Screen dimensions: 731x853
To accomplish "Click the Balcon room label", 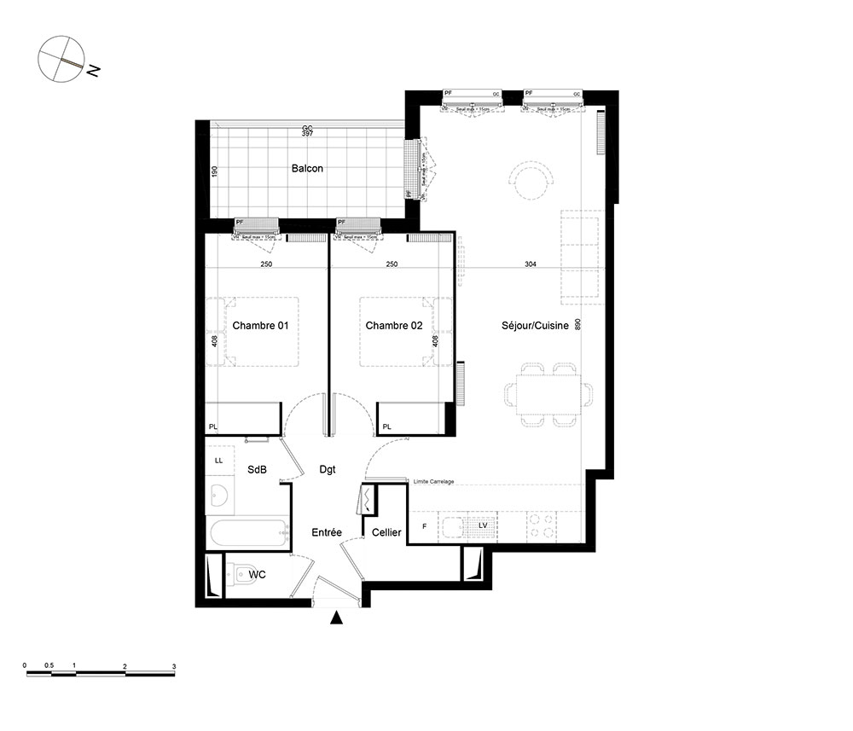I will click(x=307, y=169).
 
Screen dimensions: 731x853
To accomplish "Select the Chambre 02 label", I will click(x=394, y=326).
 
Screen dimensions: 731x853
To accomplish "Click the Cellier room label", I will click(x=386, y=532).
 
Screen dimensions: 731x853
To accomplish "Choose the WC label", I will click(x=257, y=575).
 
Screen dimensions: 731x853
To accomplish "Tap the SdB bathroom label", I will click(x=257, y=469).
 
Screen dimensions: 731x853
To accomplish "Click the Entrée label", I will click(x=326, y=532).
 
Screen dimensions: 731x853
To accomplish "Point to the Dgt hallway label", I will click(x=328, y=469).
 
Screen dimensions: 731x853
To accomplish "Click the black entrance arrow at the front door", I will click(x=338, y=619).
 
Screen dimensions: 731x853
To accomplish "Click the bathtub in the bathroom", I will click(x=248, y=536).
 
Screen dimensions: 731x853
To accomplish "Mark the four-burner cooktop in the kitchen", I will click(x=540, y=525).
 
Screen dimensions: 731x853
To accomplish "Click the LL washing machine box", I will click(x=218, y=461).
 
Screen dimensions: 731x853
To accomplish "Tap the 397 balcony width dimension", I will click(x=307, y=135).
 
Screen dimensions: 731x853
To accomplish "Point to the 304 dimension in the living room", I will click(x=531, y=264).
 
